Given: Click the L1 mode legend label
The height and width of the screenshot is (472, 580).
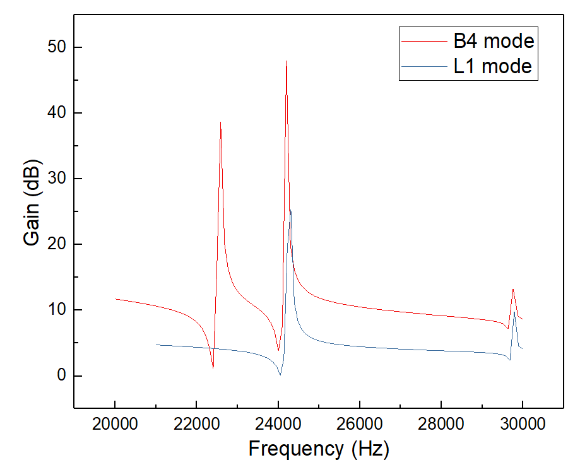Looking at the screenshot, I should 493,66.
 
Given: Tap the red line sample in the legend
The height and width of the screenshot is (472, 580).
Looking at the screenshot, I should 425,42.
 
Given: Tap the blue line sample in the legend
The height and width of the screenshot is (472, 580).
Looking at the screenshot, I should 425,66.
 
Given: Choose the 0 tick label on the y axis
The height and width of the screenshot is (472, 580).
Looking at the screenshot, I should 61,376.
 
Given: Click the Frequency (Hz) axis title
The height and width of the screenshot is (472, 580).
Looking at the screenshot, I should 319,449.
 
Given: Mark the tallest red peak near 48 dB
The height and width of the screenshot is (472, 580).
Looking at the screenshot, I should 286,62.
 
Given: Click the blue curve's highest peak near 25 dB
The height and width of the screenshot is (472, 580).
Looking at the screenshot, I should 290,211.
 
